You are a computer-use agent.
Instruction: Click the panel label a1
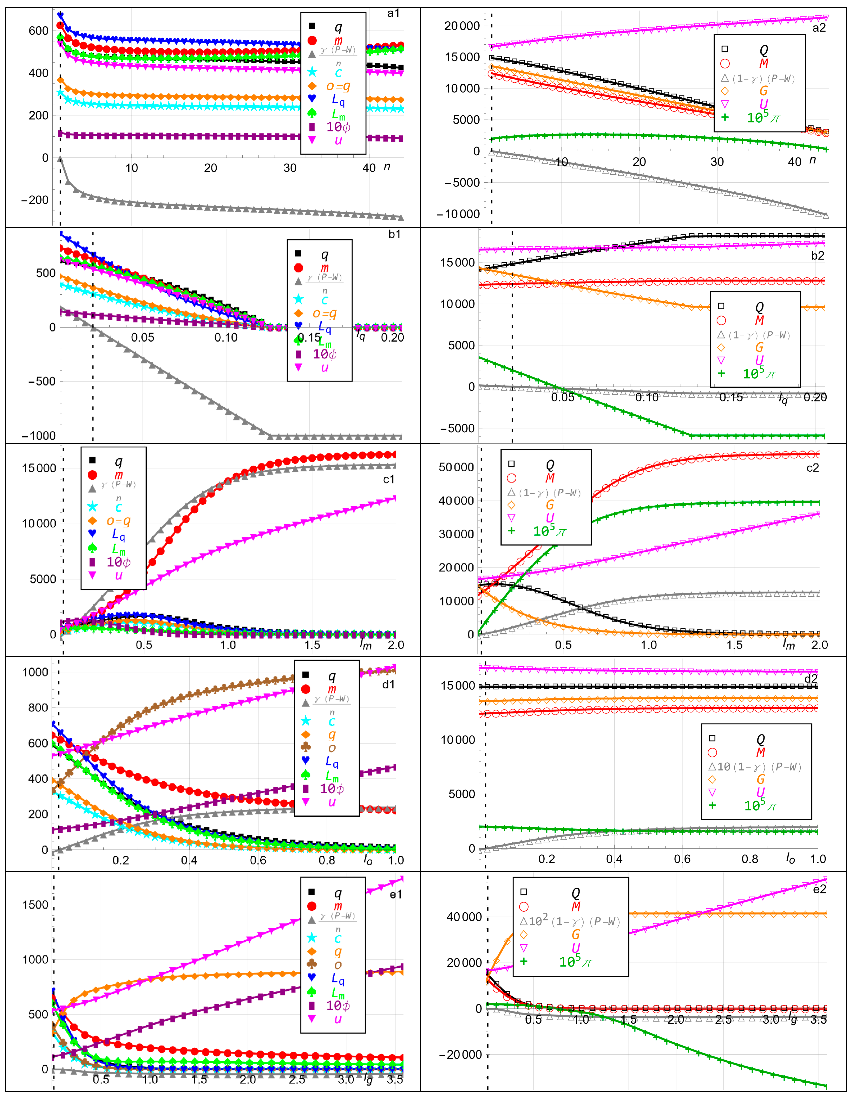(393, 13)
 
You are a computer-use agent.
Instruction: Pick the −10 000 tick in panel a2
(458, 214)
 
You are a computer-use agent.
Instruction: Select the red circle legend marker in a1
(312, 40)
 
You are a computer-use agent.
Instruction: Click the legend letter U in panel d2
(760, 792)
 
